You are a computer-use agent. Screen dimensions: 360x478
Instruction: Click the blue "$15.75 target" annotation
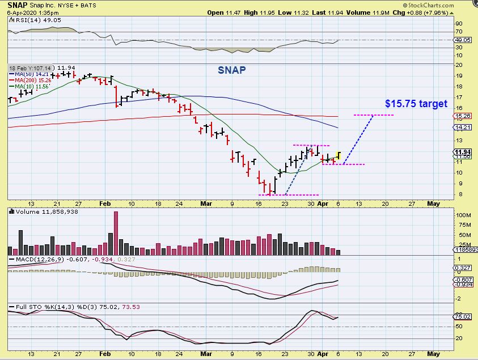[x=416, y=104]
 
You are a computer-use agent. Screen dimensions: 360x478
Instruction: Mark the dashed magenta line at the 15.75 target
[x=374, y=115]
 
